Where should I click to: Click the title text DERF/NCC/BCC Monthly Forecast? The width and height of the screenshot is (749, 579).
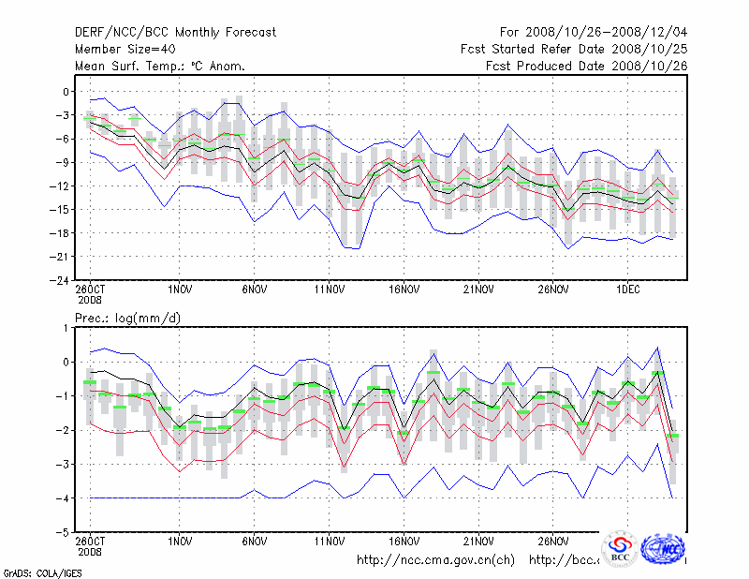tap(175, 33)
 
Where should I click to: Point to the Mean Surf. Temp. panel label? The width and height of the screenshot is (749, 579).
tap(160, 66)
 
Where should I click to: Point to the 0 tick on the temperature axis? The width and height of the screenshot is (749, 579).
tap(66, 92)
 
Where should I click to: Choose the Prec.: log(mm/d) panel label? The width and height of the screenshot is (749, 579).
tap(128, 319)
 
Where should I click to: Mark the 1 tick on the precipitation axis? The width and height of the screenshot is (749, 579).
tap(66, 328)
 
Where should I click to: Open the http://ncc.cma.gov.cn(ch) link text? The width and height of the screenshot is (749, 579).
tap(436, 560)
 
